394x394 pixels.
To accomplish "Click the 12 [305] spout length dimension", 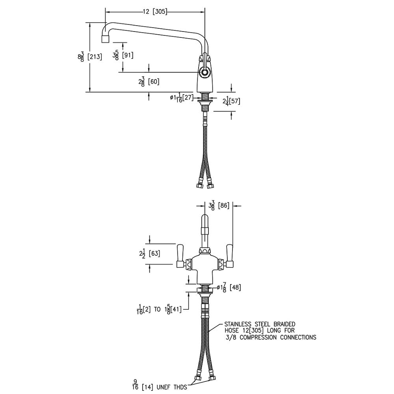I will click(x=154, y=12).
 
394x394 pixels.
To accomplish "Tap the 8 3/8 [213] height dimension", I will click(x=90, y=57).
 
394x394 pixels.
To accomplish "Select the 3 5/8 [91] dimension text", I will click(x=123, y=55).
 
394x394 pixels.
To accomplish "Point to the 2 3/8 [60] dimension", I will click(x=149, y=82).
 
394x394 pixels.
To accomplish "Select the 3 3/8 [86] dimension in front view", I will click(x=219, y=205).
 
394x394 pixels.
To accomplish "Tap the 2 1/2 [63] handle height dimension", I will click(x=149, y=254).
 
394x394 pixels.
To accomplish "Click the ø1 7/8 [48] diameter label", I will click(x=230, y=288).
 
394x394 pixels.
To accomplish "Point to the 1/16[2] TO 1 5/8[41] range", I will click(x=157, y=309).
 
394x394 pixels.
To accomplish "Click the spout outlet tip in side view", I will click(x=105, y=39).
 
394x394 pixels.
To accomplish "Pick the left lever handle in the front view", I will click(x=180, y=254).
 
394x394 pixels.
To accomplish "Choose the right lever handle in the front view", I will click(x=229, y=254).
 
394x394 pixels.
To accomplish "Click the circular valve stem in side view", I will click(x=204, y=72).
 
